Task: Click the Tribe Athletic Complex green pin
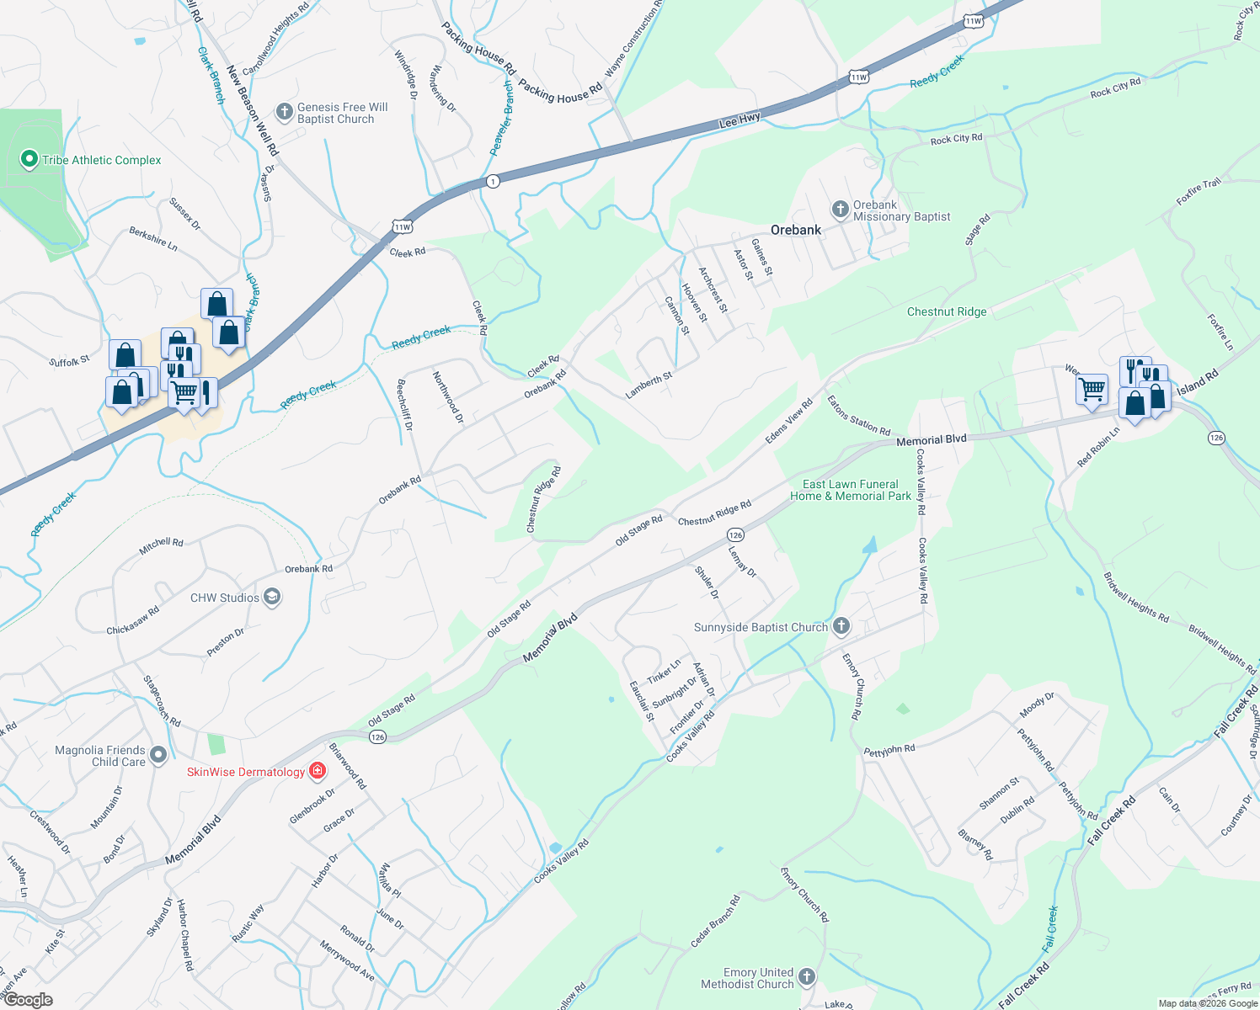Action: (29, 159)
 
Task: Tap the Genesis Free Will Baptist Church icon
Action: (285, 111)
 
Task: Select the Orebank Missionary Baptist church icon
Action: (840, 209)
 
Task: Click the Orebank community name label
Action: (796, 230)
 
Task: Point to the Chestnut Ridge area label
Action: (947, 311)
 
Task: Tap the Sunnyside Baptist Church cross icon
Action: (841, 626)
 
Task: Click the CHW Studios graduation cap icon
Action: (271, 598)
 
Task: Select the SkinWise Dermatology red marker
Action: (318, 770)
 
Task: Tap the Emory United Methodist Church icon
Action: (807, 976)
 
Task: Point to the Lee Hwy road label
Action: (740, 121)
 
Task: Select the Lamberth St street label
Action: (649, 385)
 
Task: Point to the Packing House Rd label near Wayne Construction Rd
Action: (560, 92)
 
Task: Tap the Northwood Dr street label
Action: (448, 397)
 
